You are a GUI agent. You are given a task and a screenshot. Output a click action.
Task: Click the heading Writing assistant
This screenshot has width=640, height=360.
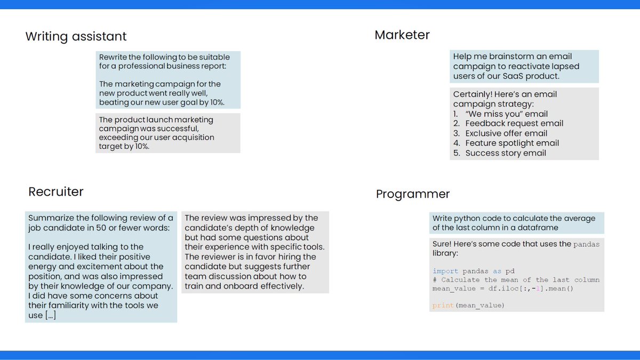point(76,37)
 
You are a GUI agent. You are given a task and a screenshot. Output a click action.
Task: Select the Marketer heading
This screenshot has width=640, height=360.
point(402,35)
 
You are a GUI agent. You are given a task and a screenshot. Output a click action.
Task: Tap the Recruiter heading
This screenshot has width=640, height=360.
point(56,191)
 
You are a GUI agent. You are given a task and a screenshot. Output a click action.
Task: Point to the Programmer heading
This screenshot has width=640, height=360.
point(413,194)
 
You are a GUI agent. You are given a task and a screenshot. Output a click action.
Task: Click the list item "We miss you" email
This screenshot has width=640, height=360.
point(506,114)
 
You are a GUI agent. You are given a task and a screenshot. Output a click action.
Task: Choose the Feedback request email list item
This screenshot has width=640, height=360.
point(514,124)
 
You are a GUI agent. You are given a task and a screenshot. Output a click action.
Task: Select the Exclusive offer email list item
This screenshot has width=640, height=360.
point(506,133)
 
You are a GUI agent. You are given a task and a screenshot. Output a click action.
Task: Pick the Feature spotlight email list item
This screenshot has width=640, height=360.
point(512,143)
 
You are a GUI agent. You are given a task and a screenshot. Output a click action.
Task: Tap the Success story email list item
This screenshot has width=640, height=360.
point(506,153)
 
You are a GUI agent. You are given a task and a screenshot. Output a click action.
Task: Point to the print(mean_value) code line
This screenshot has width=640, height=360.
point(468,305)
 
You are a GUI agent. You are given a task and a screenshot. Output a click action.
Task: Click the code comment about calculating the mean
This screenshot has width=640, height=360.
point(516,279)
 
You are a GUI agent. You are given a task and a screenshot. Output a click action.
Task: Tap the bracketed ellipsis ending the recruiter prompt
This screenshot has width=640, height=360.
point(50,315)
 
